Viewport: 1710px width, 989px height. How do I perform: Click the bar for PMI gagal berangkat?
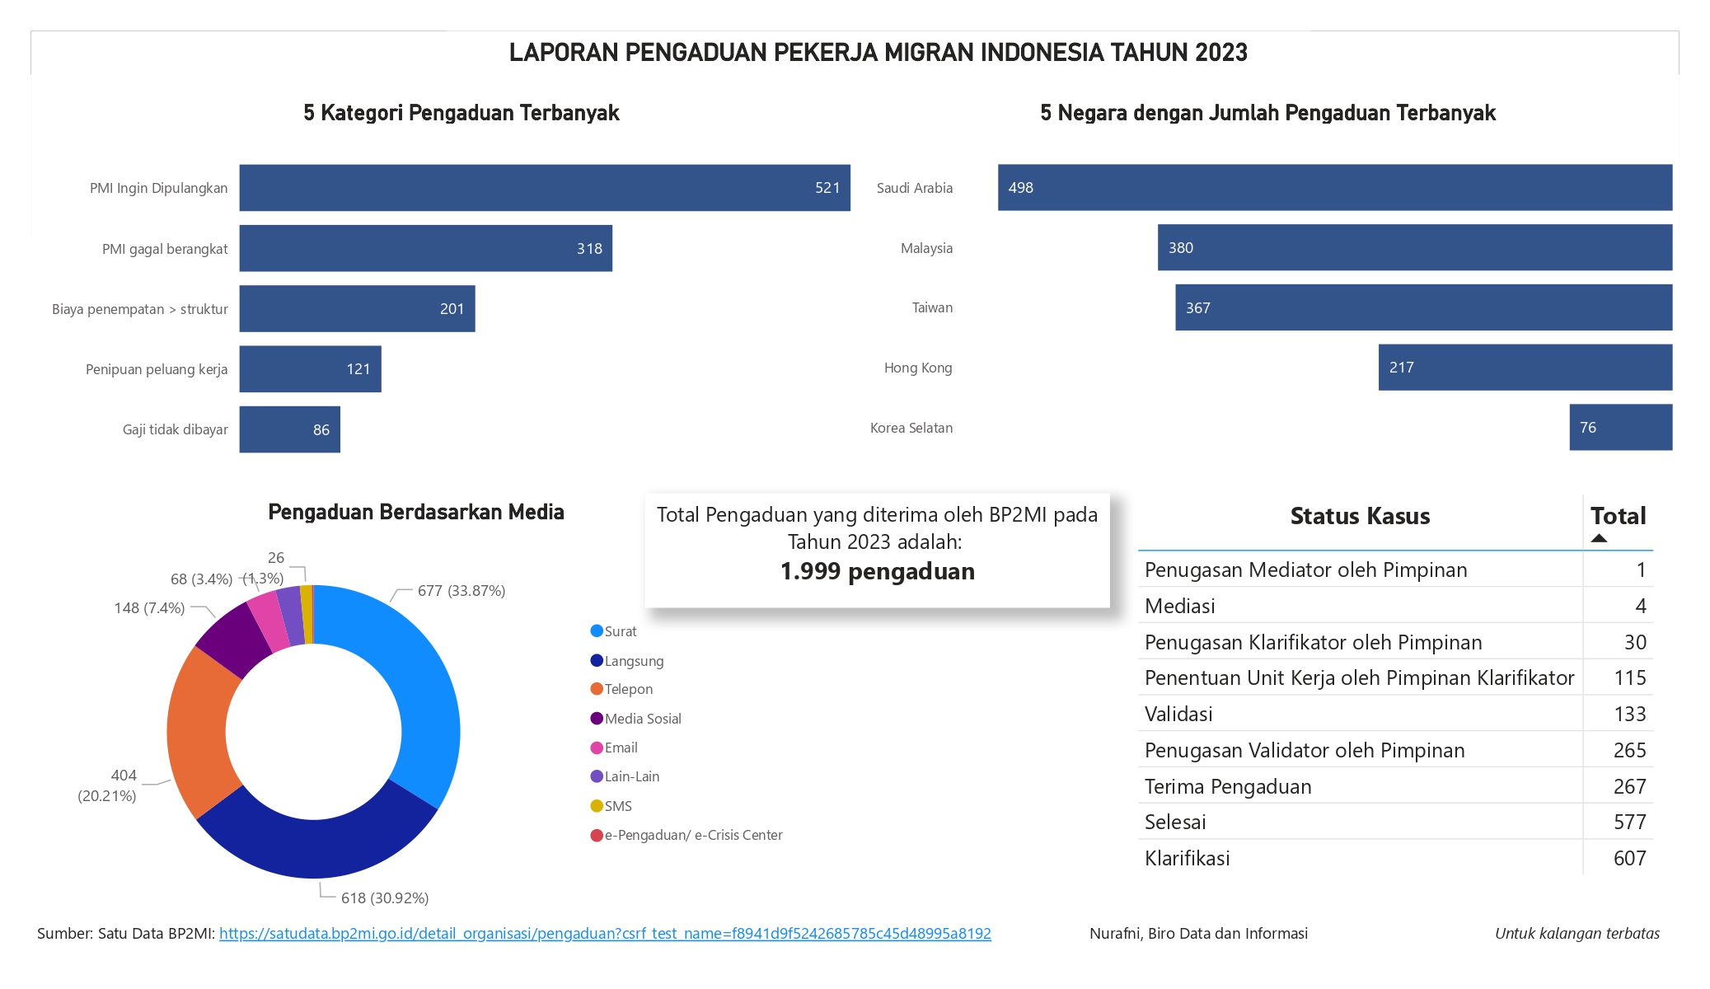[425, 248]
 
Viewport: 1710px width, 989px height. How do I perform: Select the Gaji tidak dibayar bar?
[289, 429]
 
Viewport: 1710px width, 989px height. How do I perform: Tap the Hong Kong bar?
[1525, 368]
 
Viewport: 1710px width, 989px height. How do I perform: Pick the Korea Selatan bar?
[1620, 427]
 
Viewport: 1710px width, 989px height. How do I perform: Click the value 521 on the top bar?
[827, 188]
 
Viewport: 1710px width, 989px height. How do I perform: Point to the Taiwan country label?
[932, 307]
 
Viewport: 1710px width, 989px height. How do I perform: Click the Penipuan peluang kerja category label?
[157, 369]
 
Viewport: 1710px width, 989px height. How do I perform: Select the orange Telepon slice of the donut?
[195, 729]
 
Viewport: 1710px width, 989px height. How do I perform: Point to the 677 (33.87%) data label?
[461, 591]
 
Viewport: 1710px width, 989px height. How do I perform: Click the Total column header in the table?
[1618, 517]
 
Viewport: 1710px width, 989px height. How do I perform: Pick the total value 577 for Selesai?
[1629, 822]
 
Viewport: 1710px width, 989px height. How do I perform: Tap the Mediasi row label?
[1179, 607]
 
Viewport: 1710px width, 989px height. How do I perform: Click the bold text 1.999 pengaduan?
[877, 571]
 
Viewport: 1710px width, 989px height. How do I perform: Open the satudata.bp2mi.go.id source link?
[605, 934]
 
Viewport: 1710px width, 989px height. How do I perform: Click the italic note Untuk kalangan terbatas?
[1576, 934]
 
